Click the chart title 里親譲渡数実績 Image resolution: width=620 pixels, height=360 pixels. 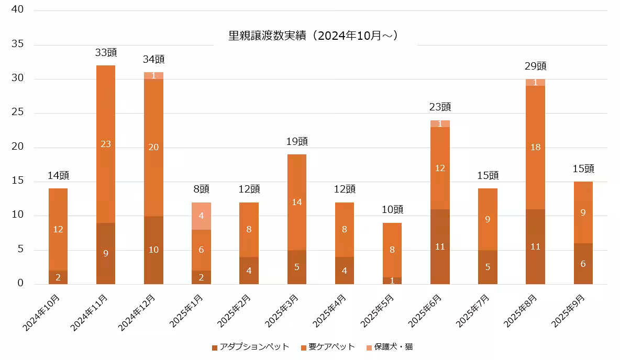(314, 36)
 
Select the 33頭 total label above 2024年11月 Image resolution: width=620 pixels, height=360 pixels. (106, 52)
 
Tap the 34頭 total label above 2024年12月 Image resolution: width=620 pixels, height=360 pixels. (153, 59)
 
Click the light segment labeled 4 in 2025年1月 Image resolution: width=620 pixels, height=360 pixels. (202, 216)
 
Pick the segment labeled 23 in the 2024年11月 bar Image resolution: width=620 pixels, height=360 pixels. (106, 144)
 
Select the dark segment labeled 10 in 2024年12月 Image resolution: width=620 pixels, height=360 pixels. (153, 250)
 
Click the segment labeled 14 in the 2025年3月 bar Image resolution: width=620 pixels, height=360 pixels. (297, 202)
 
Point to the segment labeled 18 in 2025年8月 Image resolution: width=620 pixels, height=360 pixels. (536, 148)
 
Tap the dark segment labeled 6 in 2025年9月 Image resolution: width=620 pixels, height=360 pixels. (583, 264)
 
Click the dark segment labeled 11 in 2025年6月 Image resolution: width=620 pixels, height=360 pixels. (440, 246)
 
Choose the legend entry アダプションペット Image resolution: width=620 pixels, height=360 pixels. (251, 347)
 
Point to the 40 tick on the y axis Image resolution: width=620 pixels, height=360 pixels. (17, 10)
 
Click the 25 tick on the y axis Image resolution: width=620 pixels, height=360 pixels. (17, 113)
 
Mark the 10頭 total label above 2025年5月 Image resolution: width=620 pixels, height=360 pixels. (392, 209)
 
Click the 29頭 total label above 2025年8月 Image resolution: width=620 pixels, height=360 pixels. (536, 66)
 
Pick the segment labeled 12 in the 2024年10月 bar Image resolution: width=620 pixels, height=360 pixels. (58, 229)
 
